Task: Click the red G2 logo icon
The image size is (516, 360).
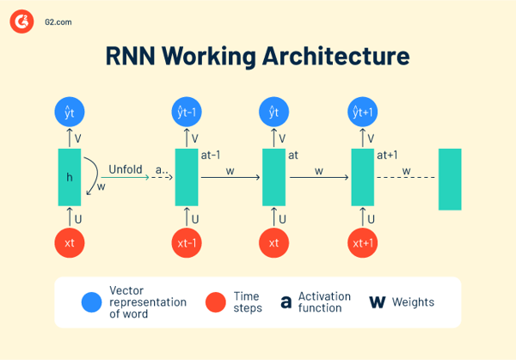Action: click(22, 22)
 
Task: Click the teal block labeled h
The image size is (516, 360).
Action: click(70, 177)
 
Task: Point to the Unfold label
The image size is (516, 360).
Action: click(126, 168)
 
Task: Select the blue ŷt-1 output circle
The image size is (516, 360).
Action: click(187, 112)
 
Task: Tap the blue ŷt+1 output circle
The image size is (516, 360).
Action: click(363, 112)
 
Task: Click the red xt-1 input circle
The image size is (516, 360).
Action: click(187, 243)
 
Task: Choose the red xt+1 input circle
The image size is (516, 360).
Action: click(363, 243)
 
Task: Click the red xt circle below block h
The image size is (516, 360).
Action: click(70, 243)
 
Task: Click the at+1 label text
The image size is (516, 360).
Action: click(388, 156)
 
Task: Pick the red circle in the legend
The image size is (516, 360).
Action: click(216, 302)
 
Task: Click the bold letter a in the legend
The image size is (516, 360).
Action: click(286, 302)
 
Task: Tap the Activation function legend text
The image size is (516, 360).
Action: click(324, 302)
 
